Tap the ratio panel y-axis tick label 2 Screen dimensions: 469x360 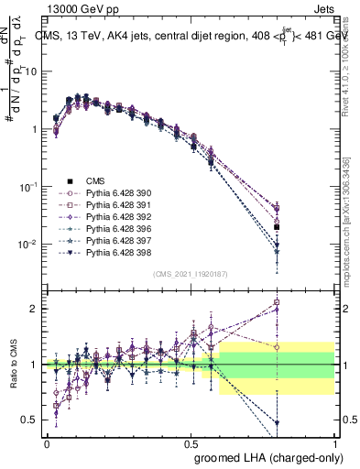(x=33, y=309)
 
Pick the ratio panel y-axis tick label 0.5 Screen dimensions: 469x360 (x=29, y=420)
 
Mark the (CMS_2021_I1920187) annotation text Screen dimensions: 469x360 (x=191, y=273)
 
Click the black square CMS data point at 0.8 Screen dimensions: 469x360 (x=277, y=226)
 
